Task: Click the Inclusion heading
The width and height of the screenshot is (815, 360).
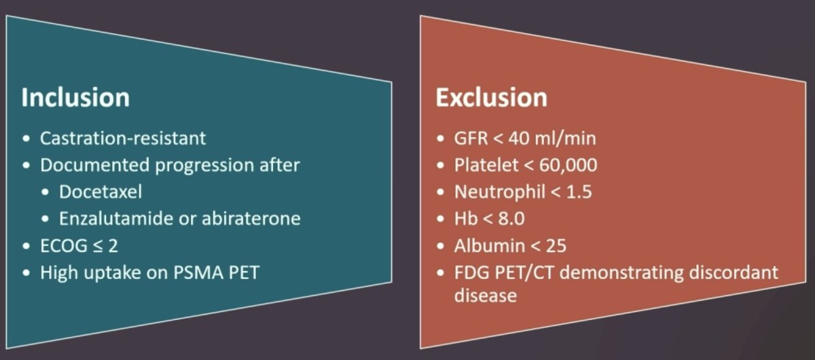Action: [75, 97]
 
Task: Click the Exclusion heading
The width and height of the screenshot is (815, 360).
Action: [491, 97]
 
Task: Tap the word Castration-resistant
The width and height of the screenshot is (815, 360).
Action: [123, 139]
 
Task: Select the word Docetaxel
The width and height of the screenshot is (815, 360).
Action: [101, 192]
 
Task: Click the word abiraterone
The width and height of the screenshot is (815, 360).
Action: [251, 219]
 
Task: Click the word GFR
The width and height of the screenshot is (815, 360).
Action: [471, 139]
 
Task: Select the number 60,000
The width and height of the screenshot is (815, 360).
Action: [568, 165]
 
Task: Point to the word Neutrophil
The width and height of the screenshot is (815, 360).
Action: [500, 192]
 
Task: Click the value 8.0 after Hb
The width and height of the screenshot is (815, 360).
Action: [511, 219]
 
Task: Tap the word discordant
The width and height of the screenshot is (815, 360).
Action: [733, 272]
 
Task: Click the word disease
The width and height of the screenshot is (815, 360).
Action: [486, 295]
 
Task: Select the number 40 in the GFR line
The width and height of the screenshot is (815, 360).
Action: [520, 139]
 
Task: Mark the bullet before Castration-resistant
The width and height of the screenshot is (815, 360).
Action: [26, 139]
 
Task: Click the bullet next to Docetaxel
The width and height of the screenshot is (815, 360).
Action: [45, 192]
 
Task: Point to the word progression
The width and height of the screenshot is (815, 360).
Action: [204, 166]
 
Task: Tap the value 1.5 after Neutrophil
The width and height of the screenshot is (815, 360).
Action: [579, 192]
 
